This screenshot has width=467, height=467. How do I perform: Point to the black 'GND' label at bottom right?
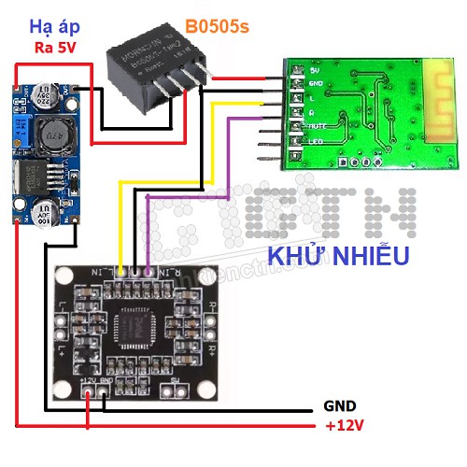[339, 406]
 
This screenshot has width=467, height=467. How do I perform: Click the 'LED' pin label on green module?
[315, 141]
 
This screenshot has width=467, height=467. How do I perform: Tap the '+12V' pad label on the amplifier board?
[90, 381]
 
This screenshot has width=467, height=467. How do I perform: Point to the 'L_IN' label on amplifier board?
[115, 272]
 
